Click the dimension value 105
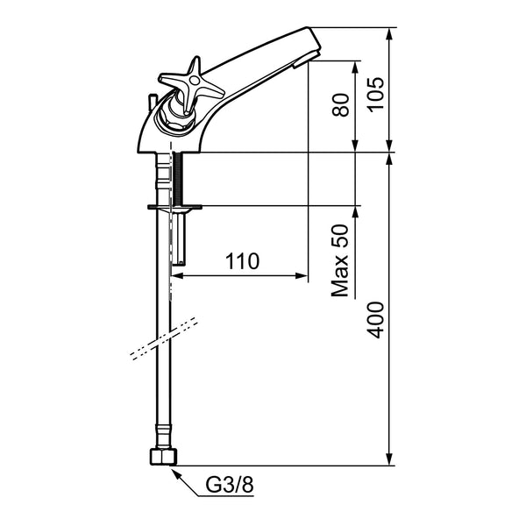[x=375, y=94]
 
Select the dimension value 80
[x=340, y=105]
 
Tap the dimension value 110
[x=242, y=261]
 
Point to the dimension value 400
[x=375, y=320]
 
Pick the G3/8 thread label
[x=230, y=485]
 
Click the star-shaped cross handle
[x=191, y=84]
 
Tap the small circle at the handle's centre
[x=194, y=80]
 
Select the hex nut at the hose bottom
[x=163, y=456]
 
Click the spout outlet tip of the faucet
[x=306, y=60]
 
